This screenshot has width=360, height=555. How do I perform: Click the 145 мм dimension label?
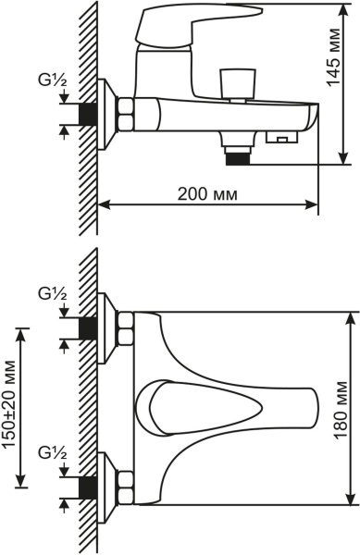[x=333, y=57]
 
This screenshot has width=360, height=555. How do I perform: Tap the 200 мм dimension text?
[x=207, y=194]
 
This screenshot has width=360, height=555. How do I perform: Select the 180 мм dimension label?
[x=341, y=410]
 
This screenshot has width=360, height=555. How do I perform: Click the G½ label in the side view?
[x=53, y=81]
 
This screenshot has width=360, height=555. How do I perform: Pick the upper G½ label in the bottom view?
[x=53, y=294]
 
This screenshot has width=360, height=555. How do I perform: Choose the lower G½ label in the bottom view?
[x=53, y=452]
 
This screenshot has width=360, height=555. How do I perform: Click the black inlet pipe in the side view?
[x=88, y=114]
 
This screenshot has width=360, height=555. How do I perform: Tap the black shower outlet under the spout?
[x=238, y=159]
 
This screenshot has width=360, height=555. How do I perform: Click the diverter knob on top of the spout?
[x=238, y=82]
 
